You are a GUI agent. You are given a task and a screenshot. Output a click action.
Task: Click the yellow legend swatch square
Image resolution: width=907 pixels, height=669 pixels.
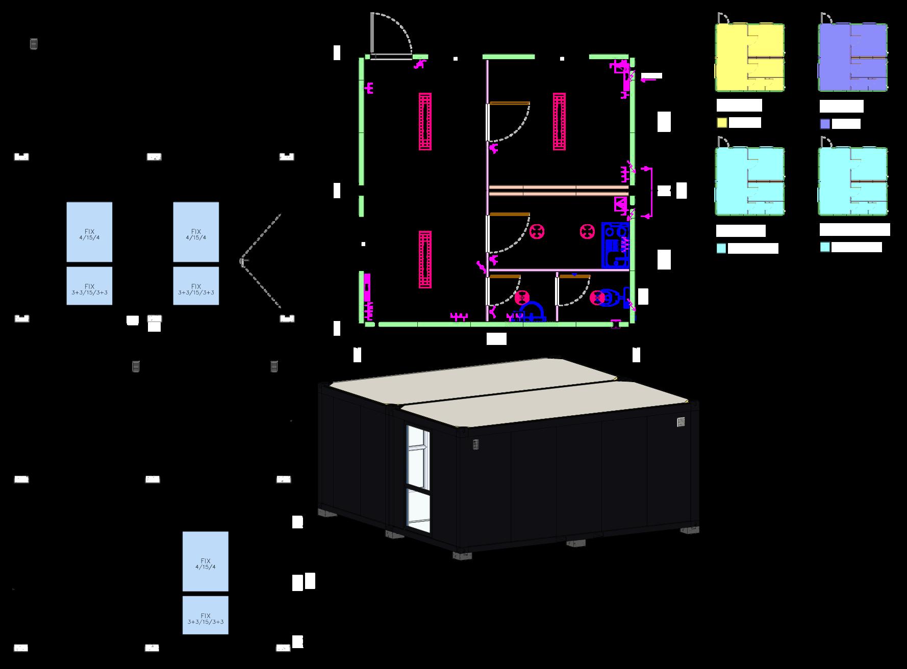point(722,123)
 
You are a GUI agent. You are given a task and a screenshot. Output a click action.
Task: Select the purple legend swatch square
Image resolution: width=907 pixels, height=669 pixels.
point(825,124)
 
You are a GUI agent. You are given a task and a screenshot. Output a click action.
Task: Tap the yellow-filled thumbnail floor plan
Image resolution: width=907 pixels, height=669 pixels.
point(749,58)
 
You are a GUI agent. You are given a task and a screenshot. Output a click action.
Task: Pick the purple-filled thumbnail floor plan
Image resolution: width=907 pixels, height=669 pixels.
point(853,58)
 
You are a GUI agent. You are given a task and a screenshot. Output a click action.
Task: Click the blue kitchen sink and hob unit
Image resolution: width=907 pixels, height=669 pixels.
point(615,245)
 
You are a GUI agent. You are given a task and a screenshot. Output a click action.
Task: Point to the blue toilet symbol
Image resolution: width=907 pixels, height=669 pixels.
point(610,299)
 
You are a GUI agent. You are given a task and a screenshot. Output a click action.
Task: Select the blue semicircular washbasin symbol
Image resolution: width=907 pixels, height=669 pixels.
point(532,310)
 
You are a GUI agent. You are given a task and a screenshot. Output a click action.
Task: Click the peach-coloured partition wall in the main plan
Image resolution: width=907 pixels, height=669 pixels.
point(558,191)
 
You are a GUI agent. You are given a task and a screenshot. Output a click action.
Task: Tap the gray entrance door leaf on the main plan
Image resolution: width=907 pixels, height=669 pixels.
point(373,33)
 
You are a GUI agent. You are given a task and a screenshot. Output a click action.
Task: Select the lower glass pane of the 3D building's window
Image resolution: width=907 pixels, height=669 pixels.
point(418,510)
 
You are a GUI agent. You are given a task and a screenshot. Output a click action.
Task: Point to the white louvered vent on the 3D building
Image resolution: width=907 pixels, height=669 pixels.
point(681,422)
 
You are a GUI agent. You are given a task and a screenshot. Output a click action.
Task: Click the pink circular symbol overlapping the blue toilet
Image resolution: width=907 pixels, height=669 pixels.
point(596,298)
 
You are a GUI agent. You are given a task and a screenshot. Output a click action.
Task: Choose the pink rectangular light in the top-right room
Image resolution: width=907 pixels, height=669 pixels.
point(559,121)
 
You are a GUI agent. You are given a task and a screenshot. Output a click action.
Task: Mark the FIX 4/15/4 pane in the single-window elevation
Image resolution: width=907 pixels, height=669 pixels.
point(205,561)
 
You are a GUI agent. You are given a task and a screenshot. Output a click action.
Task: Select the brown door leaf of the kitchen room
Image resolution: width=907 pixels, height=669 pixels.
point(510,215)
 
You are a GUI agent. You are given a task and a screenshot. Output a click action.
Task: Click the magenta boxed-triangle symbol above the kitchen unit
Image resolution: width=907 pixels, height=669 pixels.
point(620,204)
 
